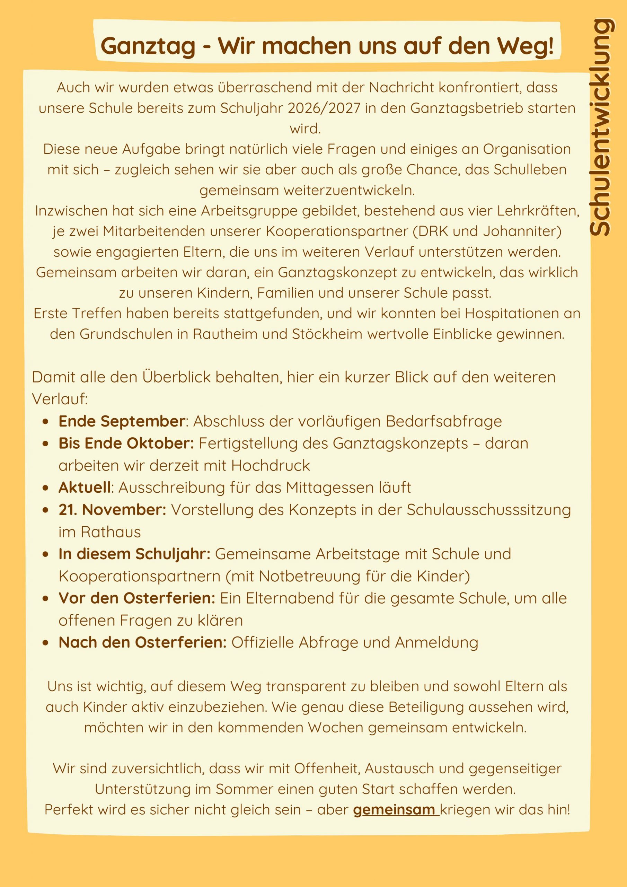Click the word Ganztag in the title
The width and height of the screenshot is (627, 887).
pyautogui.click(x=148, y=46)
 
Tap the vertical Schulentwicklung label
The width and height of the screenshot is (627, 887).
pyautogui.click(x=601, y=128)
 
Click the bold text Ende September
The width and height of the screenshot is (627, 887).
pyautogui.click(x=122, y=421)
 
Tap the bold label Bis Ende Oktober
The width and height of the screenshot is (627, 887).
pyautogui.click(x=126, y=443)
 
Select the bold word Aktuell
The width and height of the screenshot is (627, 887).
pyautogui.click(x=85, y=488)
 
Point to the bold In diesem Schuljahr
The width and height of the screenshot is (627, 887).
pyautogui.click(x=134, y=554)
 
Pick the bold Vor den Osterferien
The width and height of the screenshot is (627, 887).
pyautogui.click(x=137, y=598)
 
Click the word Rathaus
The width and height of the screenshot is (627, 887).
pyautogui.click(x=111, y=532)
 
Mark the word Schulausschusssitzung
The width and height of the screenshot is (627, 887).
pyautogui.click(x=489, y=510)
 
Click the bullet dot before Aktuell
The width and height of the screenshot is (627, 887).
pyautogui.click(x=46, y=488)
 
